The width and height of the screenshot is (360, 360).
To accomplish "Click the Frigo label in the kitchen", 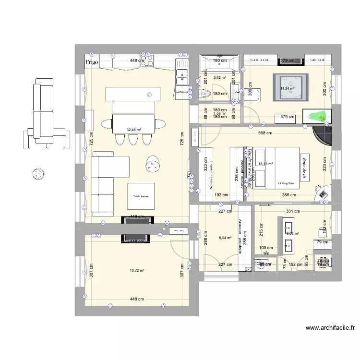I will (92, 62).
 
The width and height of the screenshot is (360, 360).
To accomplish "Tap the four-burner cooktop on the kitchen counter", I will (148, 62).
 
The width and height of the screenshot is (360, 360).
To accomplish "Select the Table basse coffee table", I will (141, 196).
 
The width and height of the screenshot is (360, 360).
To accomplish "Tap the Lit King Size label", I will (286, 183).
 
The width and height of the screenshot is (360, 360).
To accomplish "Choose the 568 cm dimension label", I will (265, 134).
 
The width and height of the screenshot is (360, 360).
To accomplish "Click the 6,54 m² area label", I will (225, 238).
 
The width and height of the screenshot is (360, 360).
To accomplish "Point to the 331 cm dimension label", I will (292, 211).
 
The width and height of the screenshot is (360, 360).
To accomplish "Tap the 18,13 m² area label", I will (265, 164).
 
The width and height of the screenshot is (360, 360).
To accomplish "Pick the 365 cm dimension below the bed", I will (288, 195).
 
